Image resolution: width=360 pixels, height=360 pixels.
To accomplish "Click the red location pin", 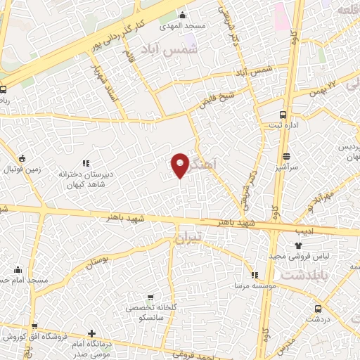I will click(x=181, y=165).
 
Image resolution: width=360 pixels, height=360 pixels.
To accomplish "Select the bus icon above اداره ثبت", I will click(x=283, y=114).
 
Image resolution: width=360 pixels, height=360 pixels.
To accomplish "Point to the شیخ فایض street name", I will click(x=217, y=98).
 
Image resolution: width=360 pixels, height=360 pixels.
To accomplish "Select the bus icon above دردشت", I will click(x=319, y=308).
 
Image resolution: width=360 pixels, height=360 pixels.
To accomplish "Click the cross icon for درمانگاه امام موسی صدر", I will click(x=92, y=333).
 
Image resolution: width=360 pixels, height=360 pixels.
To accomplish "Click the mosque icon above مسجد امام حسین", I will click(x=18, y=269).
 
